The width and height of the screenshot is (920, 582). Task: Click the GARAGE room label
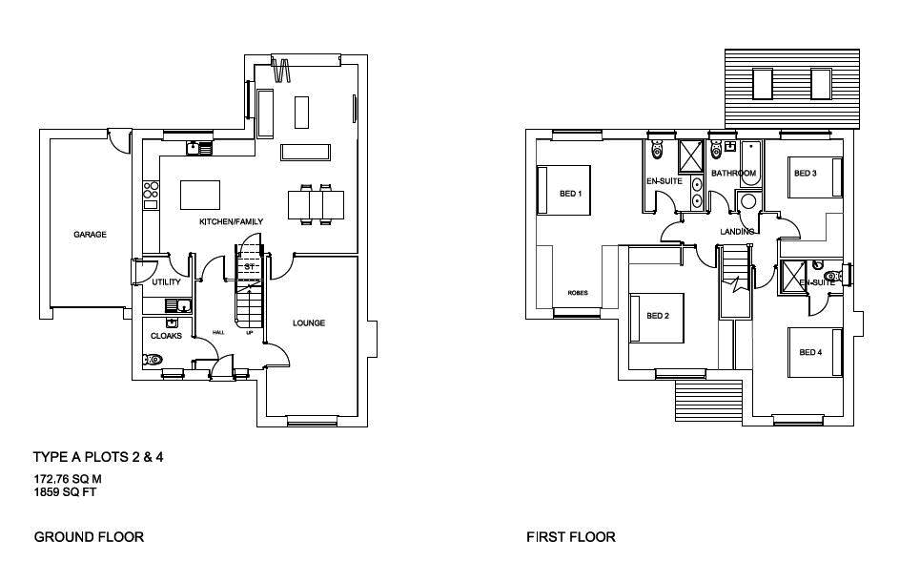tap(91, 235)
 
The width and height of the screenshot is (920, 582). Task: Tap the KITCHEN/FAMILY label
tap(231, 222)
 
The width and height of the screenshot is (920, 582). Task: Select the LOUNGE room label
tap(308, 323)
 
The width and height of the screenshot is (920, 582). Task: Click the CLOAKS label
tap(166, 336)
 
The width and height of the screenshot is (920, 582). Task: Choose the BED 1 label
tap(570, 194)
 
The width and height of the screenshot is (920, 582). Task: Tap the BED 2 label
tap(658, 316)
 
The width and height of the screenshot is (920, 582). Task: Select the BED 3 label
tap(806, 174)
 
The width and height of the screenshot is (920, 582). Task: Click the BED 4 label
tap(809, 353)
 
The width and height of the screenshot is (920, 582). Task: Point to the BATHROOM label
tap(733, 174)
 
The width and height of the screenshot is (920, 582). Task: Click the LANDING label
tap(737, 232)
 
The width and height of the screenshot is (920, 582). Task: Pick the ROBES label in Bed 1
tap(578, 293)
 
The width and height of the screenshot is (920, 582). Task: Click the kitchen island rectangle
tap(200, 195)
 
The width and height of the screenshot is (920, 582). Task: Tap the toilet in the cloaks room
tap(153, 360)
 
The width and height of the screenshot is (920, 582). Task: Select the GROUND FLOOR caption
tap(89, 537)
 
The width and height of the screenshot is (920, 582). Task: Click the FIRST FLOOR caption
tap(571, 537)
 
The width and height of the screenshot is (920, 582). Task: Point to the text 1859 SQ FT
tap(65, 493)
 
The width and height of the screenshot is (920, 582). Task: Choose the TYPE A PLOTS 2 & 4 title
tap(98, 458)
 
